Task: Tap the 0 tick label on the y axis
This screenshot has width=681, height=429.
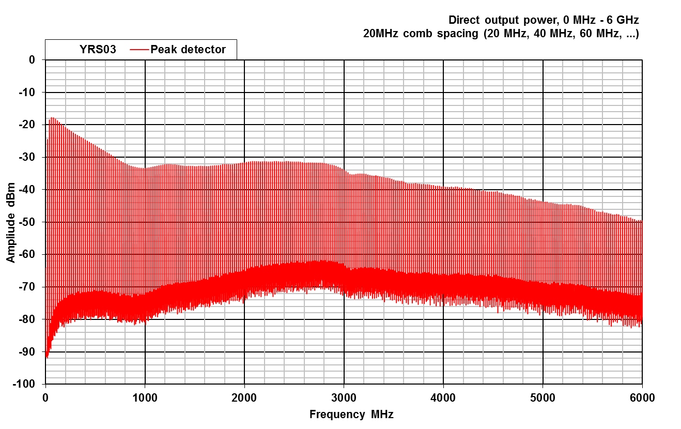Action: [32, 60]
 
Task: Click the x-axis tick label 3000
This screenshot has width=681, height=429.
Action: [344, 397]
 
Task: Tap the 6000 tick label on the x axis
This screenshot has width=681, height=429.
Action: [642, 397]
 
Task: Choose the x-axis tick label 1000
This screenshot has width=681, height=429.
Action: [145, 397]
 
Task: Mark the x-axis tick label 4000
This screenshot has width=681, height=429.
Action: [443, 397]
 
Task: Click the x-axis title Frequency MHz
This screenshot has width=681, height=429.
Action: [351, 415]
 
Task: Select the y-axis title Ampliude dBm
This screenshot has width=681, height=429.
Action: [11, 221]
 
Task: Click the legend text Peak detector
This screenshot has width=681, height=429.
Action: [188, 50]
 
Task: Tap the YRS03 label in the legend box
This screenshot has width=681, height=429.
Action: [94, 50]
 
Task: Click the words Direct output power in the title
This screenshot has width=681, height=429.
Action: [493, 20]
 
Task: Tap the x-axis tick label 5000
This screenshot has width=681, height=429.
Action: [543, 397]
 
